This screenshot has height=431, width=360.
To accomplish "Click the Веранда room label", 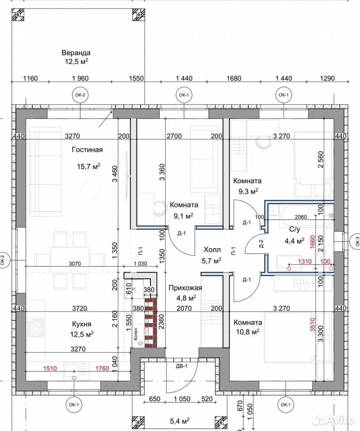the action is click(76, 53).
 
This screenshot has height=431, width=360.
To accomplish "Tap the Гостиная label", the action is click(87, 150).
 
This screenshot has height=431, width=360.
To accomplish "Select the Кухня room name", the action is click(82, 324).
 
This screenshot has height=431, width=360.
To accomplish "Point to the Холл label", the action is click(212, 250).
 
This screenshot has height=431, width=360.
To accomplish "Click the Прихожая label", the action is click(185, 288).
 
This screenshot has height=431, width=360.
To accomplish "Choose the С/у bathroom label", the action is click(294, 229).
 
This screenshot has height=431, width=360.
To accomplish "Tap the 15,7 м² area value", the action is click(88, 167).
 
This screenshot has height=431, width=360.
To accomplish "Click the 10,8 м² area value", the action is click(248, 332).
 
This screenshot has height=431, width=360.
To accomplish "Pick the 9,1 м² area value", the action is click(183, 216).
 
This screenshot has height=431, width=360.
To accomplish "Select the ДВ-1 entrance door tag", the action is click(181, 366).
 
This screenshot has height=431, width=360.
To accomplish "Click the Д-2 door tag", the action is click(261, 243).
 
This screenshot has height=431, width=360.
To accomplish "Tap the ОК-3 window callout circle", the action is click(357, 241).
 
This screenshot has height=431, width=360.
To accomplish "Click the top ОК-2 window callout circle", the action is click(80, 95).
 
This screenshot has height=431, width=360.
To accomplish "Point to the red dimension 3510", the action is click(312, 324).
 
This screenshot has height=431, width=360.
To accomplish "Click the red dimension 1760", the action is click(102, 368).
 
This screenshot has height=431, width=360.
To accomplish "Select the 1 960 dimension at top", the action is click(80, 78).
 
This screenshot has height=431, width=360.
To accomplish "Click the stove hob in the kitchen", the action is click(36, 327).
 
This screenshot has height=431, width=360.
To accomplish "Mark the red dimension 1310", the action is click(305, 261).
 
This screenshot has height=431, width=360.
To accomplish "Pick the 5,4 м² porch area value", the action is click(180, 421).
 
